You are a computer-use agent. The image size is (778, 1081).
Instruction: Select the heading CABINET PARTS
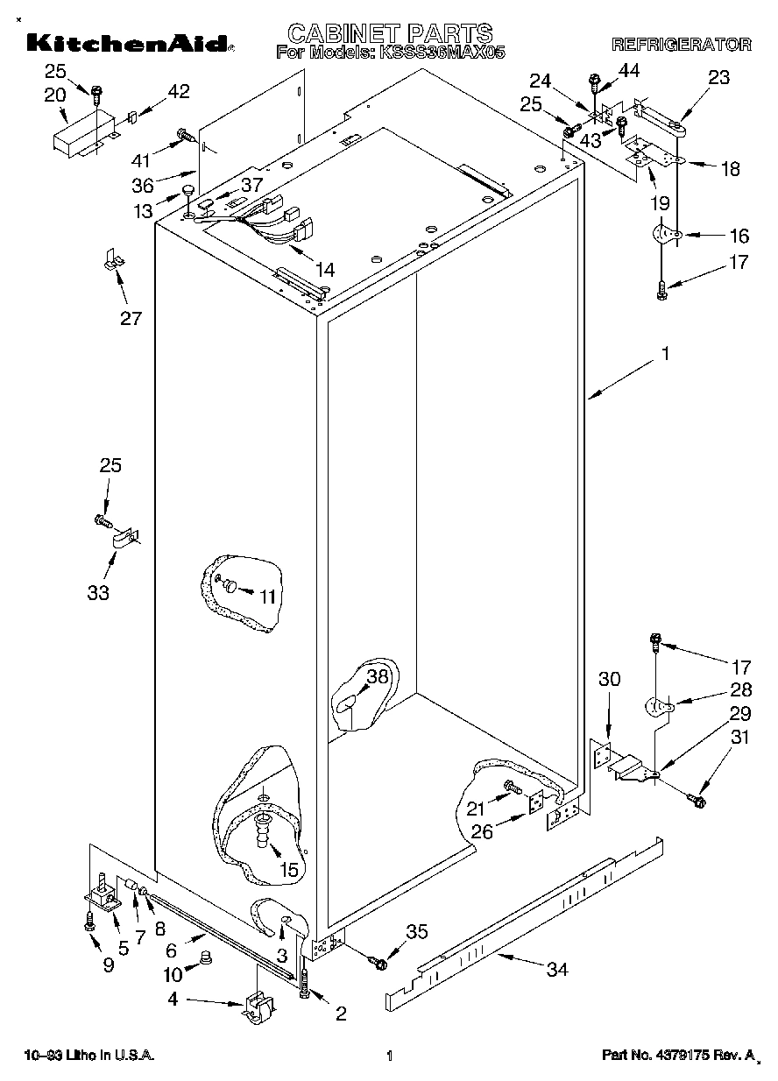click(x=390, y=33)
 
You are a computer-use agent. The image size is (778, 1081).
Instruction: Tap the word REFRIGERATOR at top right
click(x=681, y=45)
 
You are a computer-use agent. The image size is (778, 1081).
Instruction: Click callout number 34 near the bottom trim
click(x=556, y=969)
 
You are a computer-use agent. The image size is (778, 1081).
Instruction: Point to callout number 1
click(x=665, y=354)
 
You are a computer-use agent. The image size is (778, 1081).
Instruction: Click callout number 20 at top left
click(x=54, y=94)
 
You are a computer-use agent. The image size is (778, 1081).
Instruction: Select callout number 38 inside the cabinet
click(x=377, y=676)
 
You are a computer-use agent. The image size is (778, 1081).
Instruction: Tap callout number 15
click(x=288, y=869)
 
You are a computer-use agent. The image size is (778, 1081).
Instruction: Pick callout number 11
click(x=267, y=597)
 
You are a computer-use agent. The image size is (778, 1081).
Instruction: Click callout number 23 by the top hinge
click(x=718, y=77)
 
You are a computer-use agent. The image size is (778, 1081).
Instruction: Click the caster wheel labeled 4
click(x=256, y=1008)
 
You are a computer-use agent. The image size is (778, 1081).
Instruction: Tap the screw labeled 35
click(x=379, y=963)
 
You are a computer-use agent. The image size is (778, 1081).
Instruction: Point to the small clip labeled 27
click(x=112, y=260)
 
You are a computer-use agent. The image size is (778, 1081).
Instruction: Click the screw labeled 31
click(x=697, y=799)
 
